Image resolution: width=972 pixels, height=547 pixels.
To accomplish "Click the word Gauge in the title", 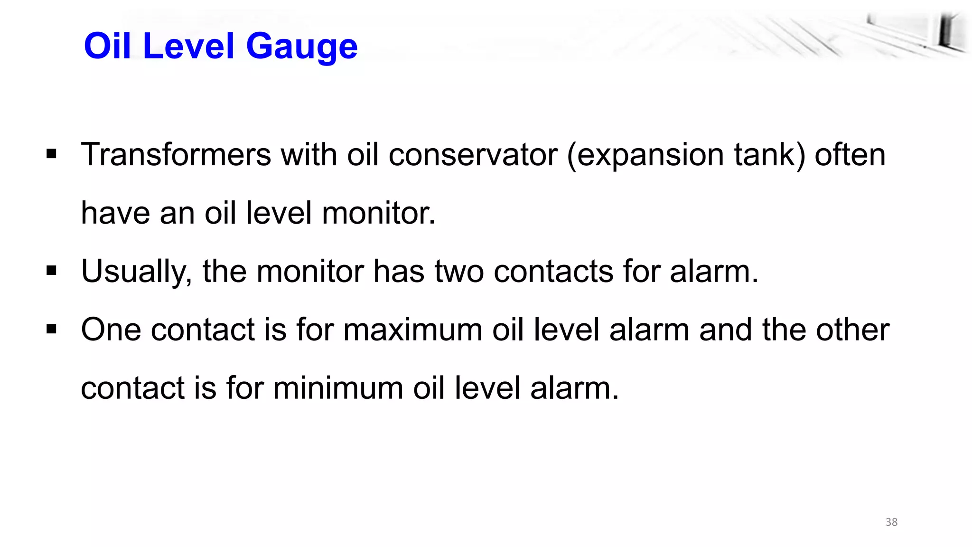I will (x=301, y=47).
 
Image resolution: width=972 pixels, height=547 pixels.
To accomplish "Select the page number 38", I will (x=891, y=522).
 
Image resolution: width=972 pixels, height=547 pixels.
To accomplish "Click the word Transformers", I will (x=176, y=155).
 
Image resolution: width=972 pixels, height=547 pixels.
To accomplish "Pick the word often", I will (x=850, y=155).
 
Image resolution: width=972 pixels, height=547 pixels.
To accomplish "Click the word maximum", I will (x=412, y=330).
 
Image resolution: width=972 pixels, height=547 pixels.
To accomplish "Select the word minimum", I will (x=338, y=388).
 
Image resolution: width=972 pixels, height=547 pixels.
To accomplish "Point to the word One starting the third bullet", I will (x=111, y=330).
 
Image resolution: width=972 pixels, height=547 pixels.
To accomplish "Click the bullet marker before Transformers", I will (x=52, y=154).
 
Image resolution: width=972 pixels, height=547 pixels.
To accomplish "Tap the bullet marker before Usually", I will (x=52, y=271).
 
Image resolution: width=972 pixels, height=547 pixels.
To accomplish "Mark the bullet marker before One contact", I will (x=52, y=329).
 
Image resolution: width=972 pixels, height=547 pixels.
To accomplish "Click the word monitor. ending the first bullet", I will (x=378, y=213).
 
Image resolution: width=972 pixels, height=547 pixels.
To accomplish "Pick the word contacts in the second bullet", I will (x=553, y=272).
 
